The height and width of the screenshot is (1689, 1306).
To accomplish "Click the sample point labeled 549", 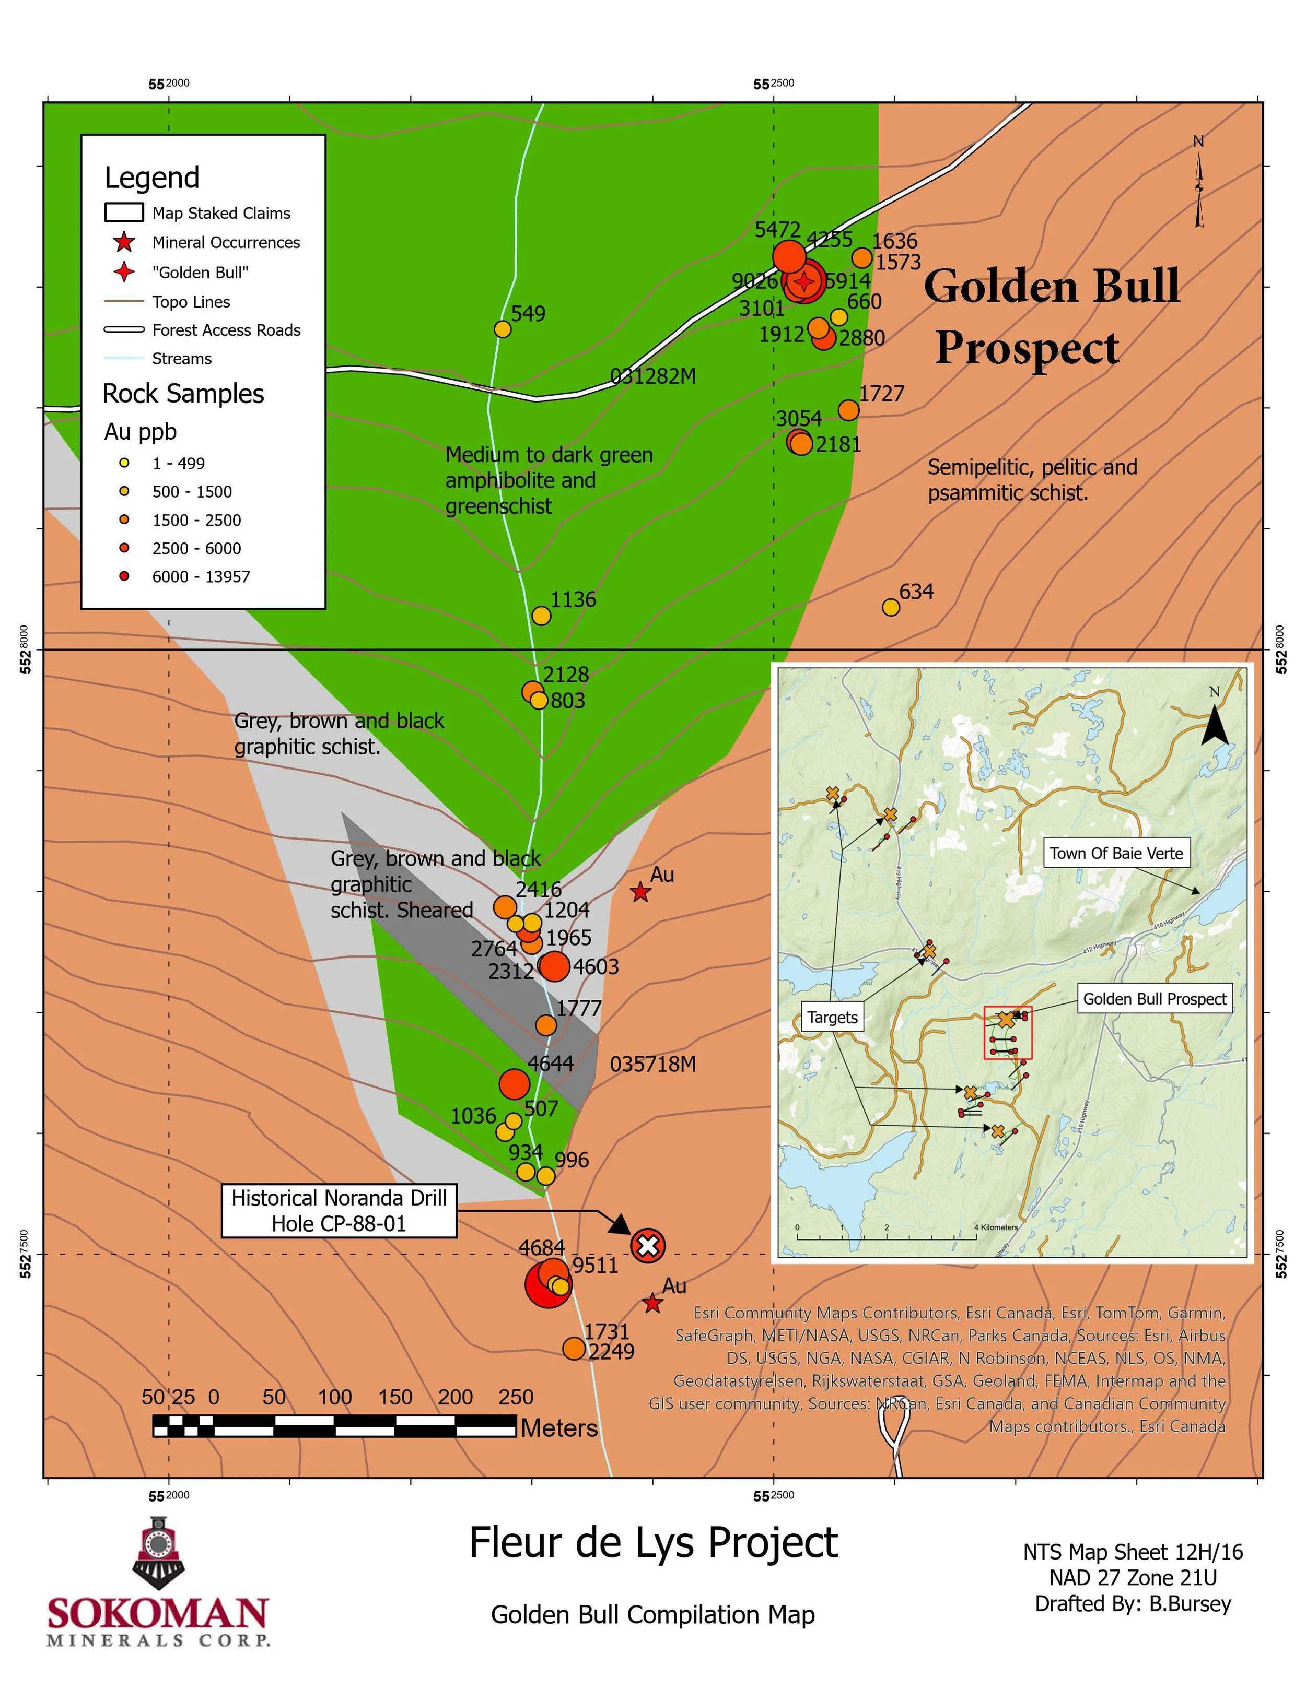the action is tap(502, 329).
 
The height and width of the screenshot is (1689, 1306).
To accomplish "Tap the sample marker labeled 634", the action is tap(891, 607).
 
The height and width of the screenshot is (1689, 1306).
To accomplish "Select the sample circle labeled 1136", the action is tap(542, 616).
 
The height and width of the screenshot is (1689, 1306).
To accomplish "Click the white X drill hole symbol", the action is tap(648, 1245).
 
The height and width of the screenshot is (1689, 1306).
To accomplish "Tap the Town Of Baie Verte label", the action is tap(1116, 853).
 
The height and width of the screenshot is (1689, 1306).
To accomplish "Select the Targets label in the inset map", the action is tap(833, 1017).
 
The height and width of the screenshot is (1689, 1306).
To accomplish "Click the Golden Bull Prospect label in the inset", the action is tap(1155, 999).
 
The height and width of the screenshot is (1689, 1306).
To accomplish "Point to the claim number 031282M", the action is tap(653, 376).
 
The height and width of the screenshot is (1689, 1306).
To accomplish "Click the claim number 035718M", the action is tap(653, 1064).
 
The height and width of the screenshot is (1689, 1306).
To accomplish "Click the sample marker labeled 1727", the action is tap(849, 410).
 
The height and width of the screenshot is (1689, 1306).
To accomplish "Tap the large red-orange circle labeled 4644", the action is tap(514, 1084).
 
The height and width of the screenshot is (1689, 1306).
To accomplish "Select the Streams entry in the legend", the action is tap(182, 358).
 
